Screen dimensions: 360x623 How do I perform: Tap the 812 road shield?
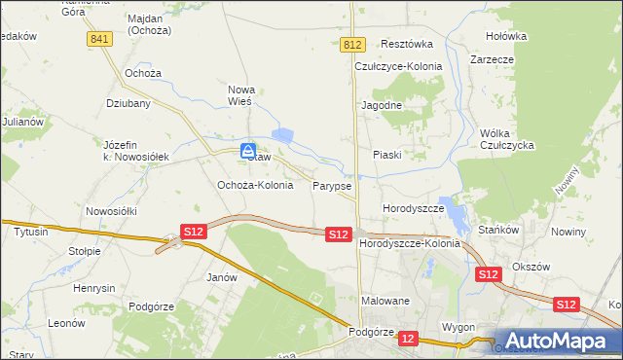[x=353, y=45]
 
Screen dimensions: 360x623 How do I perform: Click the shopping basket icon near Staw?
[x=249, y=151]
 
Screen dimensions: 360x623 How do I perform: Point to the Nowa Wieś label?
[x=239, y=94]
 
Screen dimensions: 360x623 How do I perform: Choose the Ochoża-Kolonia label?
[x=254, y=185]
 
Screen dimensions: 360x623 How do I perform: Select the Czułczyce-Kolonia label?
[x=398, y=66]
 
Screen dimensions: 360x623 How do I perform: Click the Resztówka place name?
[x=407, y=44]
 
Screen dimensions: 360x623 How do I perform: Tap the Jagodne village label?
[x=382, y=104]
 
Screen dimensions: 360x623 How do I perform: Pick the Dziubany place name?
[x=127, y=101]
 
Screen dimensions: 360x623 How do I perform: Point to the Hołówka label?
[x=506, y=36]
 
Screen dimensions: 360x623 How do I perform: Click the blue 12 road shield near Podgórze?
[x=408, y=338]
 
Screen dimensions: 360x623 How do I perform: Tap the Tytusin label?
[x=31, y=233]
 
